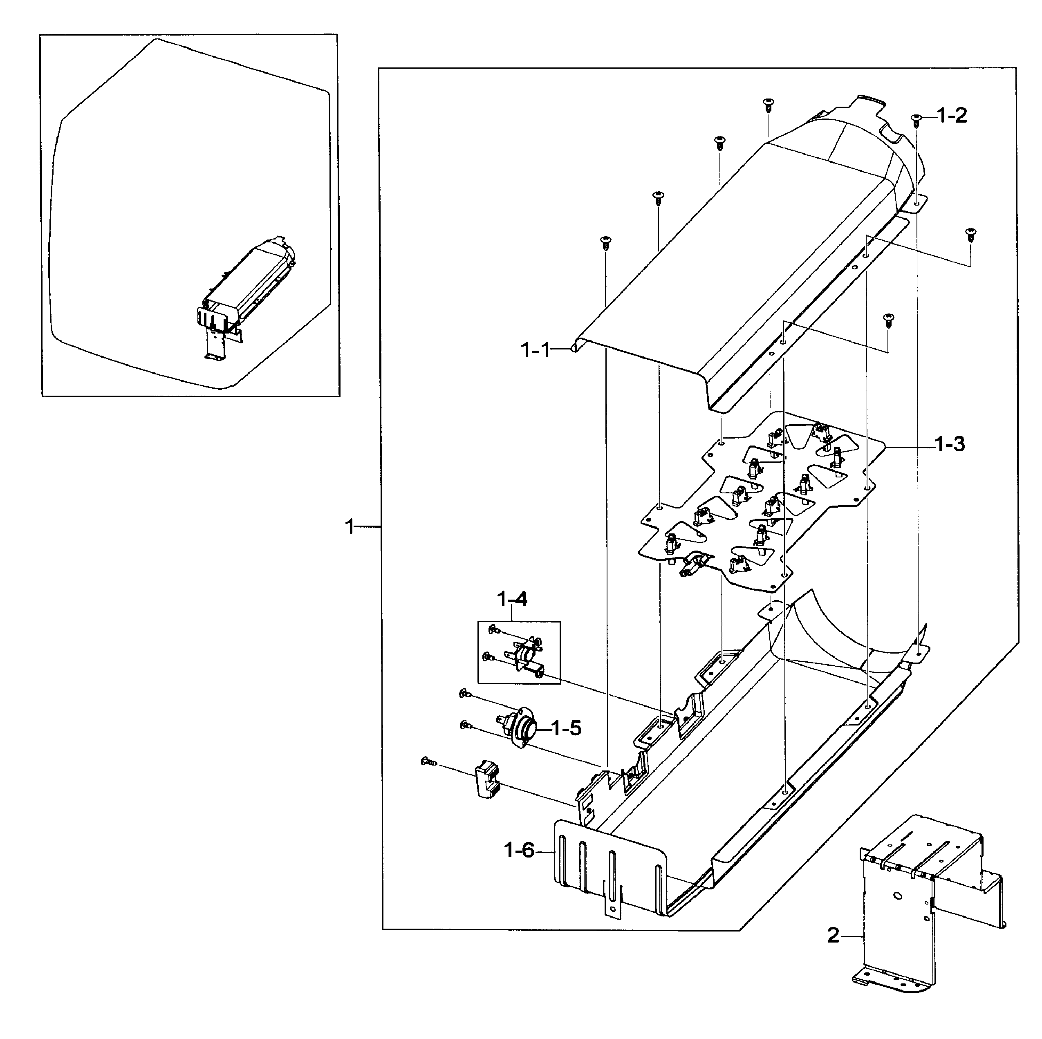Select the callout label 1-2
[952, 116]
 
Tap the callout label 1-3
[949, 445]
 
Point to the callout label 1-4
[511, 599]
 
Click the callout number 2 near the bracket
[833, 936]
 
